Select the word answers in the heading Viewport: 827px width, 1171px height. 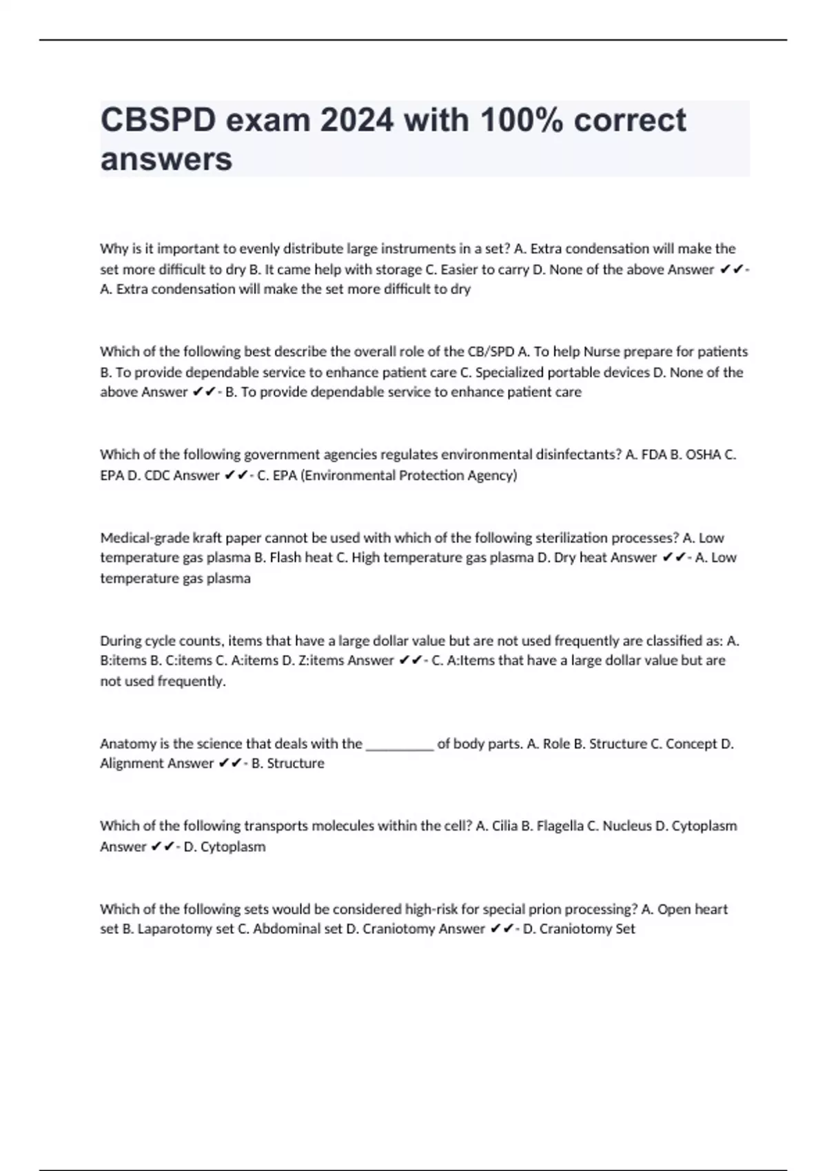[166, 160]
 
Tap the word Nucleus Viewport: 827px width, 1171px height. [626, 826]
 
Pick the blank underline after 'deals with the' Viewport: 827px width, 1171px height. [399, 745]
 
